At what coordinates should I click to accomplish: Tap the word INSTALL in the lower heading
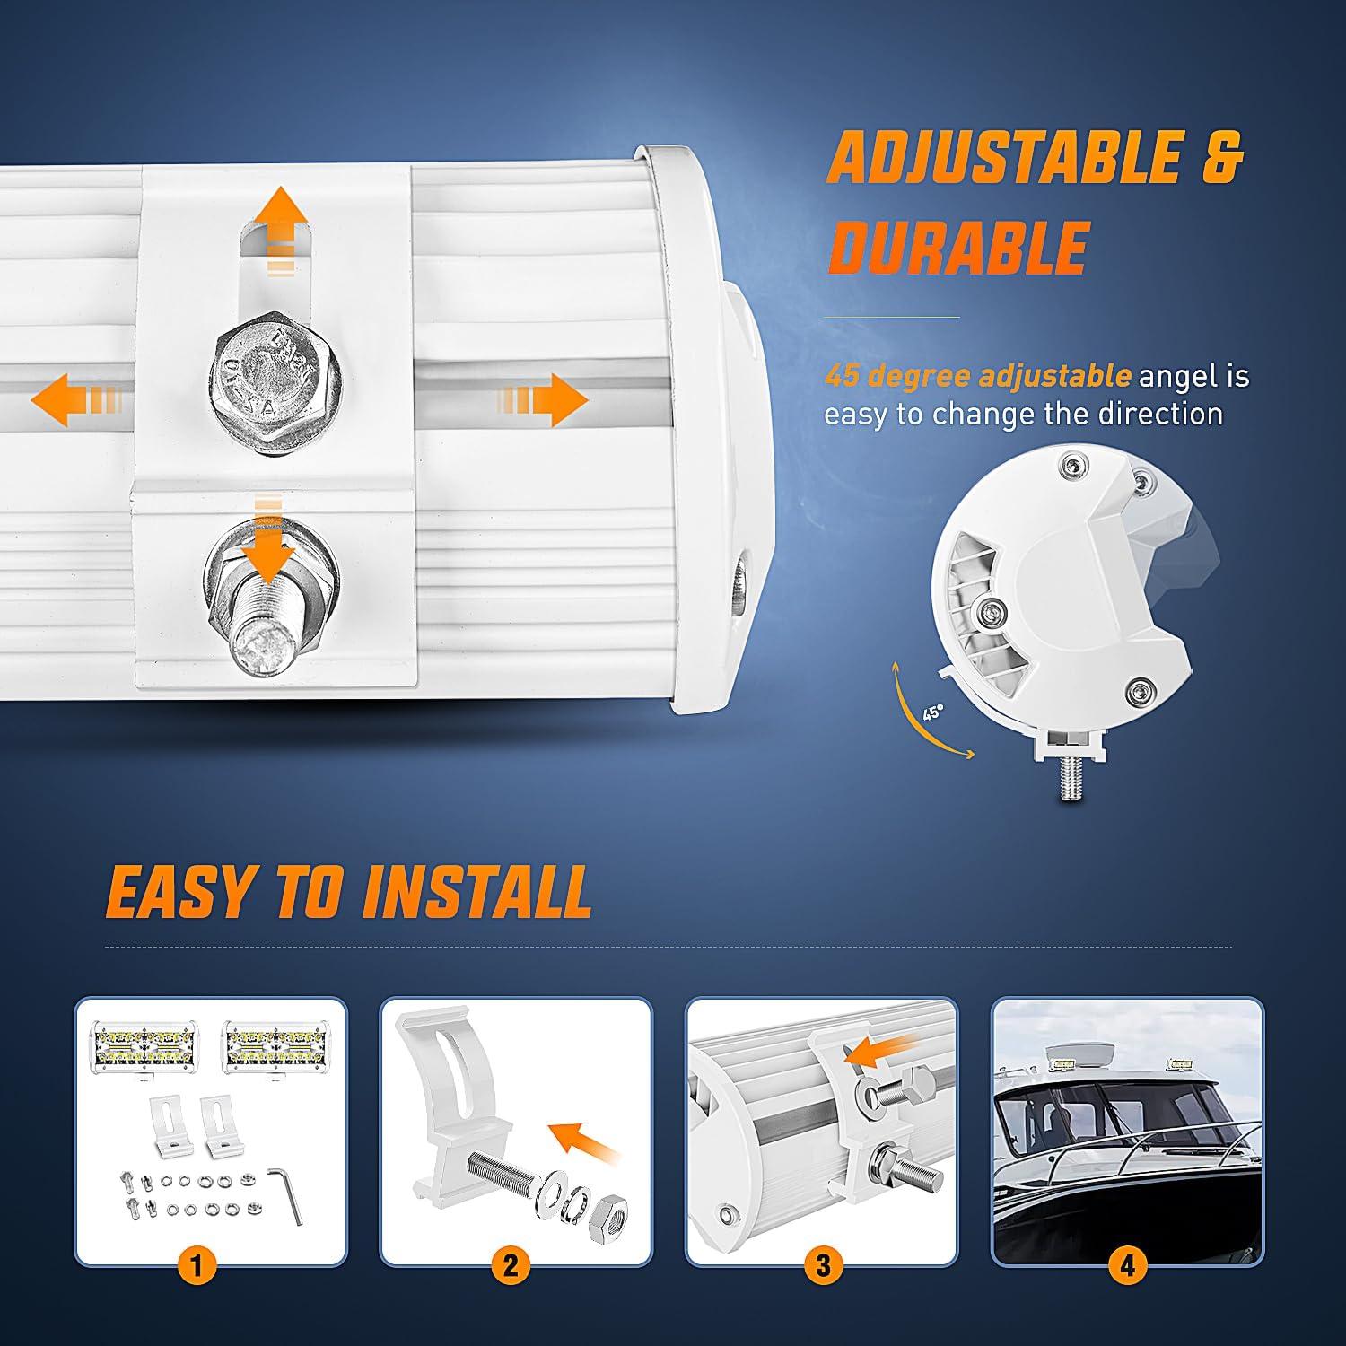click(476, 892)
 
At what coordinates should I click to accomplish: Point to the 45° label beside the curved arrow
click(933, 713)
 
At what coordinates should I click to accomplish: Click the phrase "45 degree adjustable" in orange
click(978, 375)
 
